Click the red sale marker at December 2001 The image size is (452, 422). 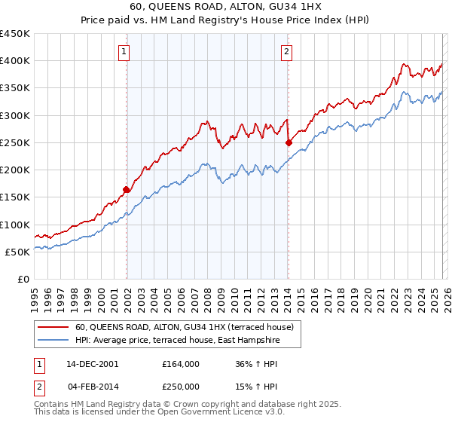(127, 190)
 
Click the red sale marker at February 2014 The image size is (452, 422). (289, 142)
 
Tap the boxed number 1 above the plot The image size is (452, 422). (124, 52)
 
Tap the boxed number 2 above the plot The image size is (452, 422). (287, 52)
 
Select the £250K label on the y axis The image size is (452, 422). (15, 142)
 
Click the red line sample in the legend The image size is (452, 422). (53, 328)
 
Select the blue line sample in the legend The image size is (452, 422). (53, 341)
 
